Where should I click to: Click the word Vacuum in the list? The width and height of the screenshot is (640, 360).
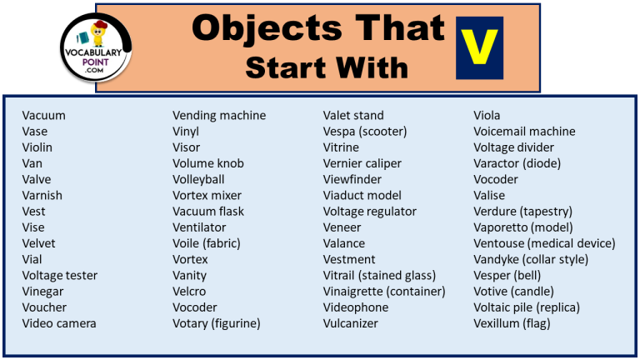43,115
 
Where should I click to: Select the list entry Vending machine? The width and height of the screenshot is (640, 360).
219,115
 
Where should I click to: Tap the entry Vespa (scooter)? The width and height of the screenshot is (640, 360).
365,131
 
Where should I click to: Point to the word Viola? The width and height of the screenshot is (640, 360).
487,115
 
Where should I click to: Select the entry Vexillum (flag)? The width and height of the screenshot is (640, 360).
512,323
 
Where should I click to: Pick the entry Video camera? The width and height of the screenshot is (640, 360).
59,323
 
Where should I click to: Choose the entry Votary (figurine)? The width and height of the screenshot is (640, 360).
217,323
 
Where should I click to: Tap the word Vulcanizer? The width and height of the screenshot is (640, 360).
351,323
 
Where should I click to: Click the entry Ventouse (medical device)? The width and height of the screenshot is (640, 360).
544,243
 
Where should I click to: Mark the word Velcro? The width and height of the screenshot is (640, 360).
189,292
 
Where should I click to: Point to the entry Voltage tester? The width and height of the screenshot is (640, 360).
60,275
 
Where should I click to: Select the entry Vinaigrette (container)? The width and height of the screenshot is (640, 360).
384,292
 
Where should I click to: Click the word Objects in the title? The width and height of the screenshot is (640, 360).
254,29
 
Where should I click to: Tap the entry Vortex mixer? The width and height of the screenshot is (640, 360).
207,195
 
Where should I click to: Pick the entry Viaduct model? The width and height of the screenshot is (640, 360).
362,195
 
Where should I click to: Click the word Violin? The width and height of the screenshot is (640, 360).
37,147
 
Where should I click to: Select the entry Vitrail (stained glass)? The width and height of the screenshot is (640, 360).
379,275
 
